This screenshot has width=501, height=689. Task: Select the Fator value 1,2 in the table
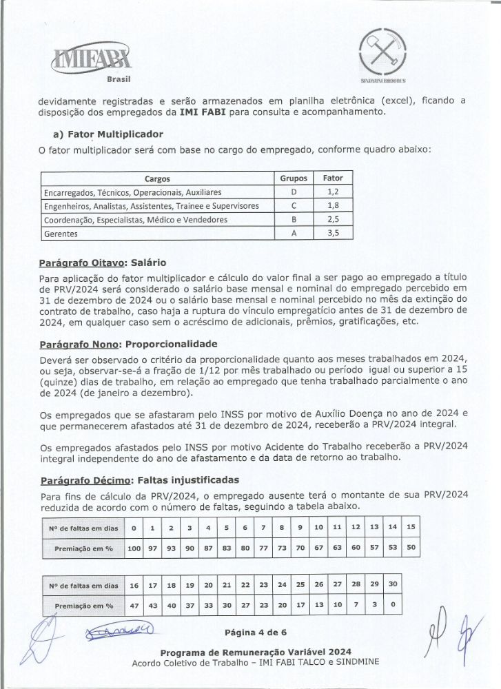(x=333, y=192)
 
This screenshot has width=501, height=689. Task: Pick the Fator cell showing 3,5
(x=333, y=234)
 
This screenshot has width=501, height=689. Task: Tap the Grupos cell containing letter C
(x=294, y=206)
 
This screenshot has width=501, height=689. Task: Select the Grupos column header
(x=294, y=178)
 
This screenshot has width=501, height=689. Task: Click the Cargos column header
(x=157, y=178)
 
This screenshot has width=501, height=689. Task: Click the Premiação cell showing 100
(x=134, y=549)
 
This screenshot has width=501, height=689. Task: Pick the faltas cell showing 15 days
(x=411, y=528)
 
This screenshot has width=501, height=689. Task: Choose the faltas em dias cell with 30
(x=393, y=585)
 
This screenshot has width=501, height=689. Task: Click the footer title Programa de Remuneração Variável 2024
(x=256, y=652)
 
